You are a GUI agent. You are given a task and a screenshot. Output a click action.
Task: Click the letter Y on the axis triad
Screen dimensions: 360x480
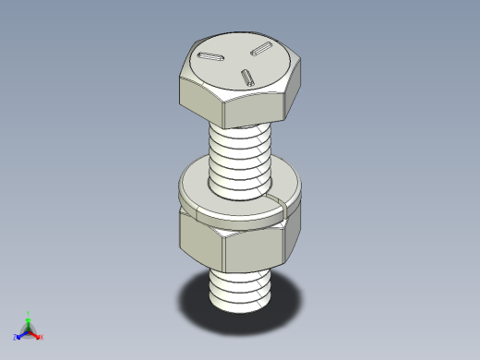(x=29, y=314)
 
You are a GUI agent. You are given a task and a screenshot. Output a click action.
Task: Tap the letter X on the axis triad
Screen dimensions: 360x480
(x=42, y=337)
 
